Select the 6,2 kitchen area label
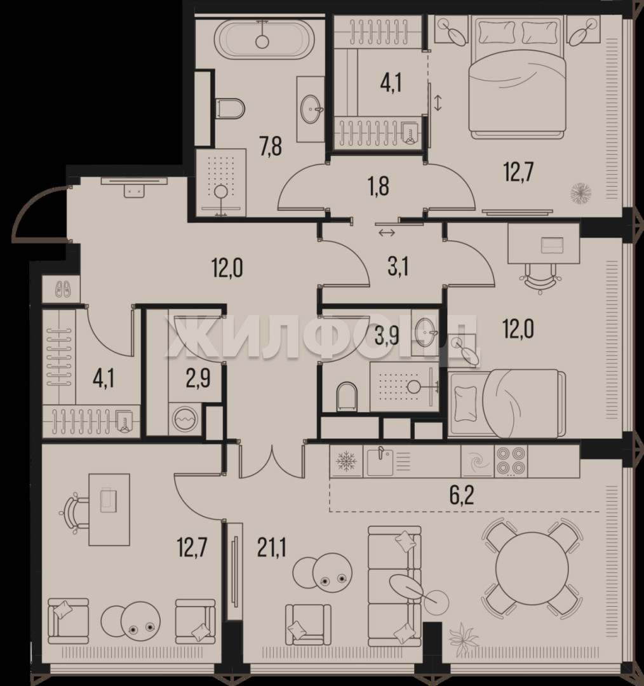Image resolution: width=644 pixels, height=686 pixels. coord(462,496)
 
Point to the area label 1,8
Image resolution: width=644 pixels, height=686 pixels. coord(379,186)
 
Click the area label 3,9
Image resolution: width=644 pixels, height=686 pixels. coord(387,336)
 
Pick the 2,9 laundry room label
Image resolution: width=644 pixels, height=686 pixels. coord(198,379)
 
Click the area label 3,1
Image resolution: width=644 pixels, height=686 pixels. coord(398,268)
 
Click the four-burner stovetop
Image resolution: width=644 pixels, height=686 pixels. coord(511,461)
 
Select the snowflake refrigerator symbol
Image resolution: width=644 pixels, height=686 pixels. coord(346,461)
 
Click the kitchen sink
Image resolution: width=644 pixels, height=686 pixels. coord(379,461)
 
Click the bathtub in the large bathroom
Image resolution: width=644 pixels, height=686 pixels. coord(264,39)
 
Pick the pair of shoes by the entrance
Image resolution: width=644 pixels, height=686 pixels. coord(63,289)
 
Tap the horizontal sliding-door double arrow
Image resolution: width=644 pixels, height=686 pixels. coord(387,232)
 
